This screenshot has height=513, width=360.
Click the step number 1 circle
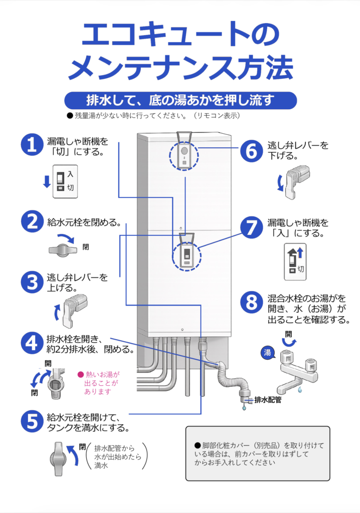(32, 145)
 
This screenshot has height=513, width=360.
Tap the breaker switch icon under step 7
(295, 262)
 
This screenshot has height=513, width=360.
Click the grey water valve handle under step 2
(62, 249)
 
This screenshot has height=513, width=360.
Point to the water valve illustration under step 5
(59, 457)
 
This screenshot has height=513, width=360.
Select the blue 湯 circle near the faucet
(267, 352)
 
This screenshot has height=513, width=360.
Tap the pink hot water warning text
(99, 383)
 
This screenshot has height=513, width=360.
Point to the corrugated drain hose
(236, 382)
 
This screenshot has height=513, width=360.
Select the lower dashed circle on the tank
(185, 255)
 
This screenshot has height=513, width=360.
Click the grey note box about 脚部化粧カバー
(258, 454)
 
